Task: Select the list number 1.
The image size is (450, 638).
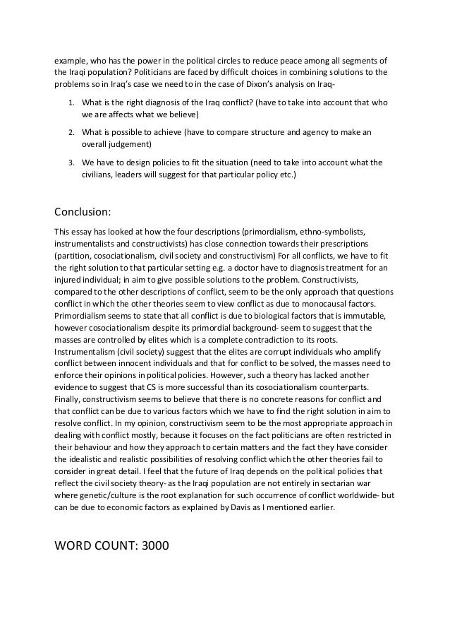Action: tap(71, 102)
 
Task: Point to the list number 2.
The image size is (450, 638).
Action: tap(71, 132)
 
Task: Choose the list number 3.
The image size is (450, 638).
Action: tap(71, 163)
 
